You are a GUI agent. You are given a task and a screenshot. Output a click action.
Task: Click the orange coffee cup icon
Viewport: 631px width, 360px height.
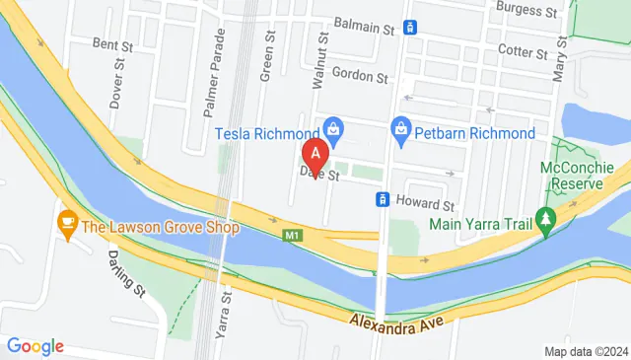pos(67,221)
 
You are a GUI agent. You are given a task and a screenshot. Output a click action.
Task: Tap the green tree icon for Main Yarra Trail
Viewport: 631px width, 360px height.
pos(544,218)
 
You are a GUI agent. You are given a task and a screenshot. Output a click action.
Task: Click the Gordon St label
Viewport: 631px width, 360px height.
pos(361,75)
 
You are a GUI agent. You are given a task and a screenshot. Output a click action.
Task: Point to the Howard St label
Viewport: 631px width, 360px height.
pos(424,204)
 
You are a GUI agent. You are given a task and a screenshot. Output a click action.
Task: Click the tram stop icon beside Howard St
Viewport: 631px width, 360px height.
pos(384,199)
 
